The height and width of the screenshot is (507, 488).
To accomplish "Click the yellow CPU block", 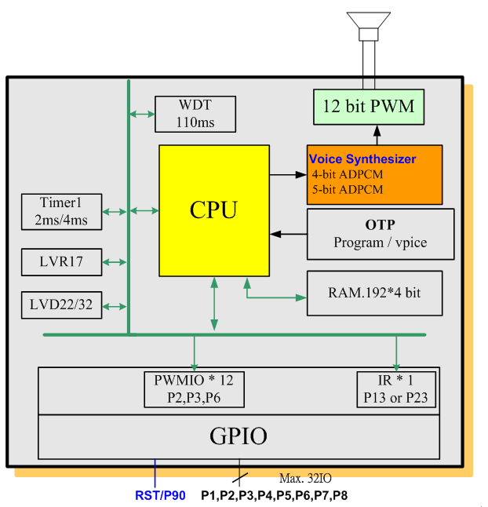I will pyautogui.click(x=213, y=210).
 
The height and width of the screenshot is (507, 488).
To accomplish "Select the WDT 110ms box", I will pyautogui.click(x=195, y=114).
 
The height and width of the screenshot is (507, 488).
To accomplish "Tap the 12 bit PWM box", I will pyautogui.click(x=368, y=107).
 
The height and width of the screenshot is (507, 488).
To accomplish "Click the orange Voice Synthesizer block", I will pyautogui.click(x=374, y=174).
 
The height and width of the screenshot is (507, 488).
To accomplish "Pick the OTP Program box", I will pyautogui.click(x=380, y=234).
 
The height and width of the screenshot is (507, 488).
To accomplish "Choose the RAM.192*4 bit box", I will pyautogui.click(x=374, y=293).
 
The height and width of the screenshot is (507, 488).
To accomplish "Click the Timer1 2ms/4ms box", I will pyautogui.click(x=61, y=211).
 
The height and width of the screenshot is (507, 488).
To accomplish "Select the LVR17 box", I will pyautogui.click(x=61, y=262).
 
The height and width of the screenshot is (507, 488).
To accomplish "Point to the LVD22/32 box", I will pyautogui.click(x=61, y=305).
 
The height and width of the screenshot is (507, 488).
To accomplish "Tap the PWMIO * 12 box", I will pyautogui.click(x=194, y=389).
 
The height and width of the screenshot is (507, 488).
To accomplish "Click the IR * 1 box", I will pyautogui.click(x=396, y=389).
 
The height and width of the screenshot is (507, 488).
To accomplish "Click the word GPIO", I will pyautogui.click(x=239, y=436).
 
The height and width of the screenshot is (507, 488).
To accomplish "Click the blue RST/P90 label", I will pyautogui.click(x=160, y=495).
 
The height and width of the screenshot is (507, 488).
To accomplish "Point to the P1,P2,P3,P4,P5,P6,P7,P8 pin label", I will pyautogui.click(x=274, y=495).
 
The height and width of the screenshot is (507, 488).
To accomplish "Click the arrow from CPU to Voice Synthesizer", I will pyautogui.click(x=288, y=174).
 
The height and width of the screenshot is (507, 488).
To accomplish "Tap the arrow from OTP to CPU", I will pyautogui.click(x=288, y=233).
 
